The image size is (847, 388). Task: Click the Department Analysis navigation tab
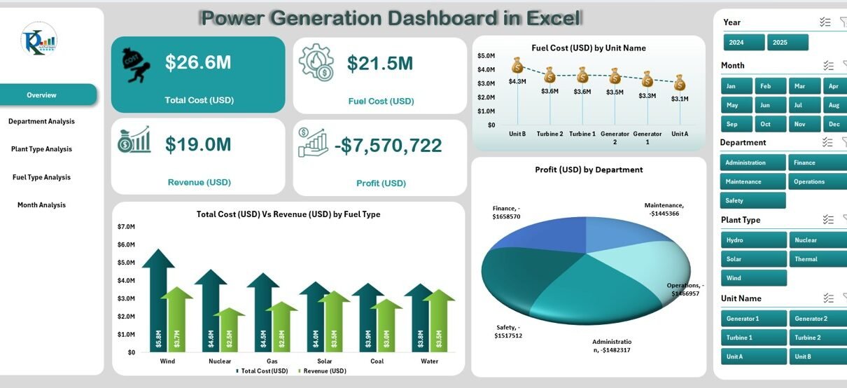pos(41,121)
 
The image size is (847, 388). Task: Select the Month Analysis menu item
pos(41,205)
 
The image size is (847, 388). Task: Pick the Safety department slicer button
pos(752,200)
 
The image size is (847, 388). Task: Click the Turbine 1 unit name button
pos(752,338)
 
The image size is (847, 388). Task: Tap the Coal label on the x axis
pos(377,361)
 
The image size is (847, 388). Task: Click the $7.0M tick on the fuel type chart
pos(126,227)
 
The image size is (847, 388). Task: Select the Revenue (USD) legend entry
pos(323,371)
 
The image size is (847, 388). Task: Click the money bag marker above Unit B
pos(517,66)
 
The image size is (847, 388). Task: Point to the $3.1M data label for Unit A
pos(679,99)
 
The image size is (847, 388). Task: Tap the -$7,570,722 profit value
pos(388,146)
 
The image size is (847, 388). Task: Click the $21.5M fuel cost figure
pos(380,64)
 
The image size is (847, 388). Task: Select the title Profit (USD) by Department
pos(589,169)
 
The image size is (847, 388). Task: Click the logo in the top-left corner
pos(38,39)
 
